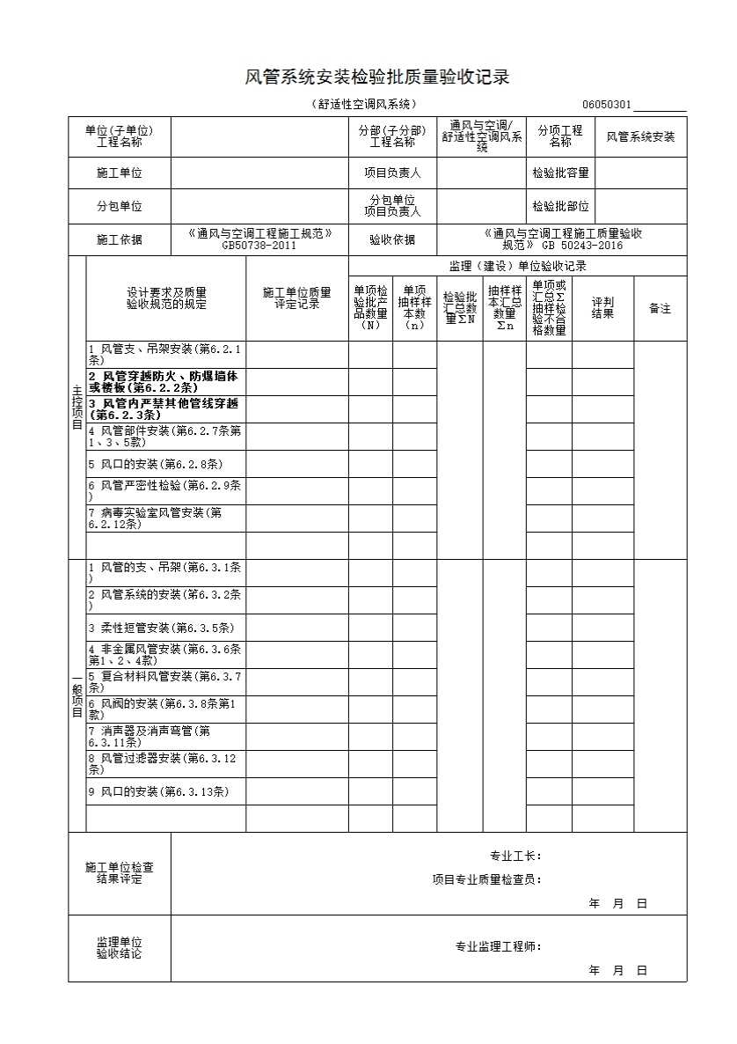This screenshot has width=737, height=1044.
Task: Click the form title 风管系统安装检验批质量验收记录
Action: tap(376, 77)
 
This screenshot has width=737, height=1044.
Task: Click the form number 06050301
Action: tap(606, 105)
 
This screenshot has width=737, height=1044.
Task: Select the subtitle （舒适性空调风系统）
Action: tap(363, 105)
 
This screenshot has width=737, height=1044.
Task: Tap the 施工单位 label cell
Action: tap(120, 173)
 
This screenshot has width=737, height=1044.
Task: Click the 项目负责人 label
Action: tap(392, 173)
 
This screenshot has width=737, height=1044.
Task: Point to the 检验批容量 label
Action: tap(560, 173)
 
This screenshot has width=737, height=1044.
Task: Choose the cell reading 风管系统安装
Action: tap(641, 136)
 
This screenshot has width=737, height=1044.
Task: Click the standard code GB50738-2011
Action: tap(259, 246)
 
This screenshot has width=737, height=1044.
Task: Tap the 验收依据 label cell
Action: tap(392, 239)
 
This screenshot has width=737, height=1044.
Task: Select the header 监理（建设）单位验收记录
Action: tap(517, 266)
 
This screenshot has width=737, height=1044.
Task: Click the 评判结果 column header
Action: tap(602, 307)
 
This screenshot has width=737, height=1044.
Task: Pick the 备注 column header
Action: tap(660, 308)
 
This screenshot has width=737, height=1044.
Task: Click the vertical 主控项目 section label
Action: tap(77, 407)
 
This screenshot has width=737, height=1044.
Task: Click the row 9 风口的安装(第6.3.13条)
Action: tap(158, 791)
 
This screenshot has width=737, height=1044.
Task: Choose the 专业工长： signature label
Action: tap(515, 856)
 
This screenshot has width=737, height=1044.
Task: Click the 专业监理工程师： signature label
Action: tap(498, 947)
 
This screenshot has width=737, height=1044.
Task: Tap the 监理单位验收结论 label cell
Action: tap(120, 948)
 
